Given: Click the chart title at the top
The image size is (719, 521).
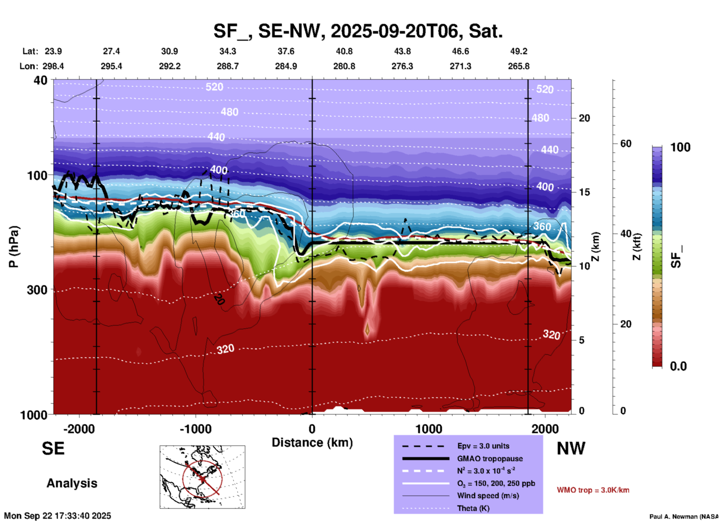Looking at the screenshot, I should (x=358, y=31).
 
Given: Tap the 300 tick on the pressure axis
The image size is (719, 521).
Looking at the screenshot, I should (x=37, y=290).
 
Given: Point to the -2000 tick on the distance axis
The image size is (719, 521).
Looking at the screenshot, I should (x=79, y=429).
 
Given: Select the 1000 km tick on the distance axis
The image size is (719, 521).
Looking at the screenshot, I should (x=429, y=429).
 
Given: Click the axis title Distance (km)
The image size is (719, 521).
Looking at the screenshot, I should (x=312, y=443).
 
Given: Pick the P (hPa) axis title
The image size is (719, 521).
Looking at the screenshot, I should (x=14, y=247).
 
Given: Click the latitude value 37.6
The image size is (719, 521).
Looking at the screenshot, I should (x=286, y=51).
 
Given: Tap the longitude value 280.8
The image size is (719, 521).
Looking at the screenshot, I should (x=344, y=66).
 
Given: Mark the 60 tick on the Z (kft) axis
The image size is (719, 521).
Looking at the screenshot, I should (x=626, y=144).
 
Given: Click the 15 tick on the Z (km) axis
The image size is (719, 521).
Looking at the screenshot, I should (x=584, y=192).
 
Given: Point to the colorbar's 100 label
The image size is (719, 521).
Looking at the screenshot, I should (x=680, y=147).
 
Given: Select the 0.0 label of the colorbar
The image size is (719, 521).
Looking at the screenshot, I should (x=678, y=366).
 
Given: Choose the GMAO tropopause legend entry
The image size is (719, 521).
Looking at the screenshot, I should (x=490, y=459).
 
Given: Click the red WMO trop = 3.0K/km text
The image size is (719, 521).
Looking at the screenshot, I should (x=593, y=490).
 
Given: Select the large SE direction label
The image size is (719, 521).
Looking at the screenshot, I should (x=53, y=448).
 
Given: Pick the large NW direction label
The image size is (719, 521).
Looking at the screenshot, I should (x=571, y=448).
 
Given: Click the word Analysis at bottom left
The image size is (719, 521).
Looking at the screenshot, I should (x=72, y=483).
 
